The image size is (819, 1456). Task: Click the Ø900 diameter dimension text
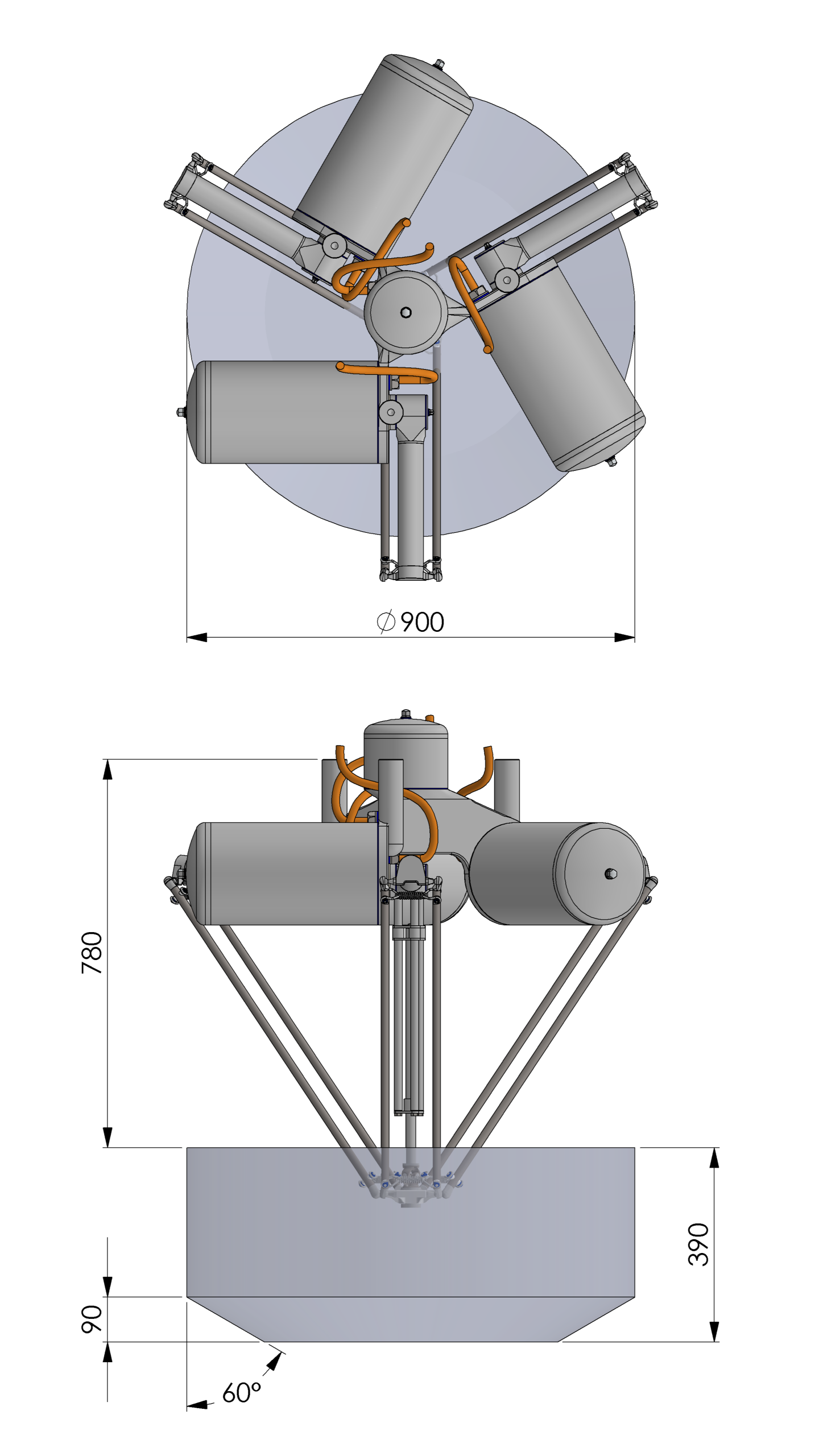[x=410, y=622]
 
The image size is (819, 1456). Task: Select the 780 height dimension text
[x=92, y=953]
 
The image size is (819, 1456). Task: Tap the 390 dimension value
[x=698, y=1244]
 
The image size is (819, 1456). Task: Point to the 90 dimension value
[x=92, y=1319]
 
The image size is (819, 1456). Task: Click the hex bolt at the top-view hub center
[x=406, y=312]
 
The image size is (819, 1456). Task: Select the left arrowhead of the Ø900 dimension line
[x=197, y=638]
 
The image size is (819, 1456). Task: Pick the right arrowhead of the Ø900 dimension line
[x=624, y=638]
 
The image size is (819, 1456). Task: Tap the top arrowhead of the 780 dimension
[x=107, y=770]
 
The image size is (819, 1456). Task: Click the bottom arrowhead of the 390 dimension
[x=714, y=1331]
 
